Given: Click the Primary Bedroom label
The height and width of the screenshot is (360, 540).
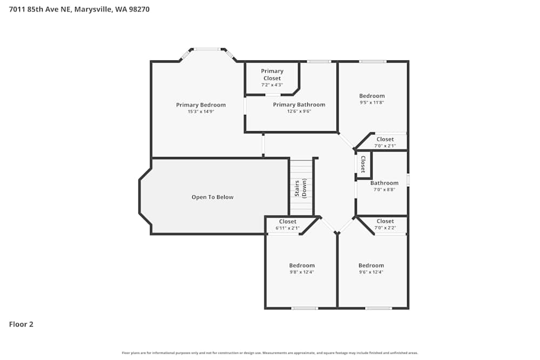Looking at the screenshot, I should [201, 105].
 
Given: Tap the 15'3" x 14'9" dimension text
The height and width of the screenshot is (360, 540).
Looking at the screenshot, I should [201, 112].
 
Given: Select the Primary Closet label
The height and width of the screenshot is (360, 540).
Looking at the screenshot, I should [272, 74].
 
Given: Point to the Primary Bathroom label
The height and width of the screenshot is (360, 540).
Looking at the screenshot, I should [299, 105].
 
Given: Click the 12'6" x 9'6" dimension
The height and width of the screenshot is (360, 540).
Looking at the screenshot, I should [299, 111].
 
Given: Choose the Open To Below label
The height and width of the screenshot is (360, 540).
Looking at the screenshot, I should [213, 197].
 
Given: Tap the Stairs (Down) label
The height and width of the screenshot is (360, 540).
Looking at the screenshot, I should [301, 189].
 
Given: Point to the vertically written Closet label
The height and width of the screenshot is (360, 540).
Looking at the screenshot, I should [363, 164].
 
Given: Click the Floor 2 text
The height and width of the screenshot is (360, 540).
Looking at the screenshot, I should [21, 324].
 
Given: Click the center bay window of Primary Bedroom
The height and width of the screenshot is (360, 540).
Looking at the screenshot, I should [207, 49].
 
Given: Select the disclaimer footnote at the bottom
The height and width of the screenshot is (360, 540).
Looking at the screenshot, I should [270, 353].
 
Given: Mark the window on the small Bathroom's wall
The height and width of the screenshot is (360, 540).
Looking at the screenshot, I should [408, 180].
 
